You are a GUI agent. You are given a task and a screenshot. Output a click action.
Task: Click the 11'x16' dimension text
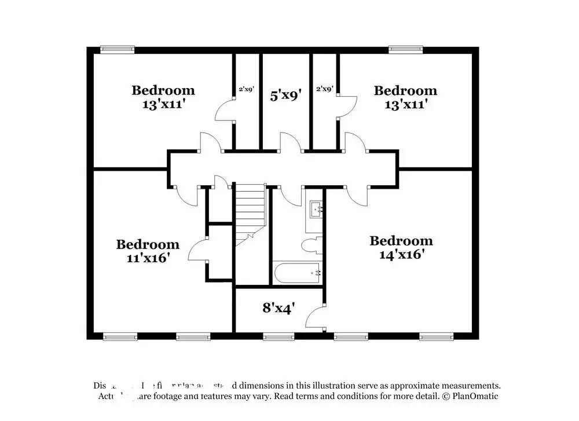[148, 258]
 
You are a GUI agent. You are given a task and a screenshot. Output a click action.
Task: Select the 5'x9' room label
[286, 95]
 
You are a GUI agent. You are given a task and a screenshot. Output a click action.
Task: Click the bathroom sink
[316, 208]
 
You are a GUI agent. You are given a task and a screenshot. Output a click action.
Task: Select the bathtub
[298, 273]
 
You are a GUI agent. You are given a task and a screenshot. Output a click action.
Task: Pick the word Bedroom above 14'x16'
[401, 240]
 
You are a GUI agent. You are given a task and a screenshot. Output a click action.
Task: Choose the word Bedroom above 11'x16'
[148, 244]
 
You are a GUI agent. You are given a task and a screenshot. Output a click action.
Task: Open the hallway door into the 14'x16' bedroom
[358, 196]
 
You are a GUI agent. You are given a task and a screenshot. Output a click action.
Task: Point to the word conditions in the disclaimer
[365, 396]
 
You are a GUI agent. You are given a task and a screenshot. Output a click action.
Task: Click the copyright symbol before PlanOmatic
[446, 396]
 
